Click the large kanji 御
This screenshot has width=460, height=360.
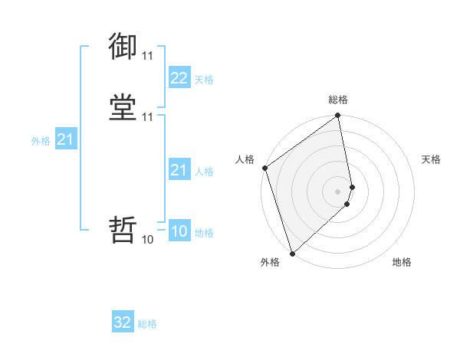click(123, 47)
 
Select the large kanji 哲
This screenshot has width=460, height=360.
click(123, 229)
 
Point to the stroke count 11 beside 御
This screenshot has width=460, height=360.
click(147, 56)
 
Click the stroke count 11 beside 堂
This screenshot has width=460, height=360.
click(147, 117)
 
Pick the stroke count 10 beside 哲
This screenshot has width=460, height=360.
click(147, 239)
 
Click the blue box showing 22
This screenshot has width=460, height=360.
click(179, 78)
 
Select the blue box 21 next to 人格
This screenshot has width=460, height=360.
click(179, 170)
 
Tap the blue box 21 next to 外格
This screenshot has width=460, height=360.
click(65, 139)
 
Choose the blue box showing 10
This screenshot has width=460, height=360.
click(179, 231)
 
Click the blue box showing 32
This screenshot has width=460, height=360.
click(123, 322)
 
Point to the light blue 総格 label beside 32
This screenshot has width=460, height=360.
click(147, 324)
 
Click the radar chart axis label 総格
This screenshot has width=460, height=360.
click(338, 100)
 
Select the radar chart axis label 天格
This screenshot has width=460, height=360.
click(431, 159)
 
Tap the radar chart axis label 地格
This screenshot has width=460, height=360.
click(402, 263)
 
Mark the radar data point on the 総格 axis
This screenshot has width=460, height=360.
click(338, 116)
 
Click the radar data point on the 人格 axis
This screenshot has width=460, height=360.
click(264, 168)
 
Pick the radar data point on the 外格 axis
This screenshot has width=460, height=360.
click(292, 253)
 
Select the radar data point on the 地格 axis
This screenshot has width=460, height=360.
click(347, 204)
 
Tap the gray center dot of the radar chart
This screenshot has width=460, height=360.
click(338, 191)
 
